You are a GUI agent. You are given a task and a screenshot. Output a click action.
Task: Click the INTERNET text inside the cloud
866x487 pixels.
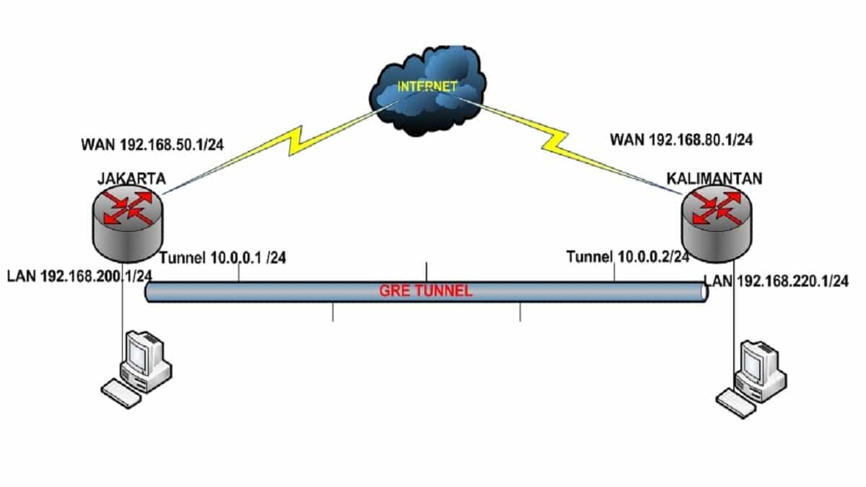[427, 86]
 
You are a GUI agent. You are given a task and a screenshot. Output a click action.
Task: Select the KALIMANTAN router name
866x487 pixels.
[712, 179]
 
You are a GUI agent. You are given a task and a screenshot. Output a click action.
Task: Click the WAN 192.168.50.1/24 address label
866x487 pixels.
[152, 144]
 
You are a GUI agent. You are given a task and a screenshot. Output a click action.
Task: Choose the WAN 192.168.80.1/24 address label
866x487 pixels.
[681, 140]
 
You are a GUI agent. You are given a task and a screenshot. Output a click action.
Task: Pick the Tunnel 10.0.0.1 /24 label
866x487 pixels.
[223, 258]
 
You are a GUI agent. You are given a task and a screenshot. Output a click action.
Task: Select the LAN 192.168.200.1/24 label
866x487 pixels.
[79, 276]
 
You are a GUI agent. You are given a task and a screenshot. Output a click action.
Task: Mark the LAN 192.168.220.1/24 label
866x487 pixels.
[777, 281]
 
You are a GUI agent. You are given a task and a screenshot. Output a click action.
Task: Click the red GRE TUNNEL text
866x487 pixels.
[426, 291]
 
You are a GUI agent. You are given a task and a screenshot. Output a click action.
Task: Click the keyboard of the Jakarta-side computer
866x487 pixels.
[121, 394]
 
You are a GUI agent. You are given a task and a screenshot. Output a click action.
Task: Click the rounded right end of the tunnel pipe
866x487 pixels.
[704, 292]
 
